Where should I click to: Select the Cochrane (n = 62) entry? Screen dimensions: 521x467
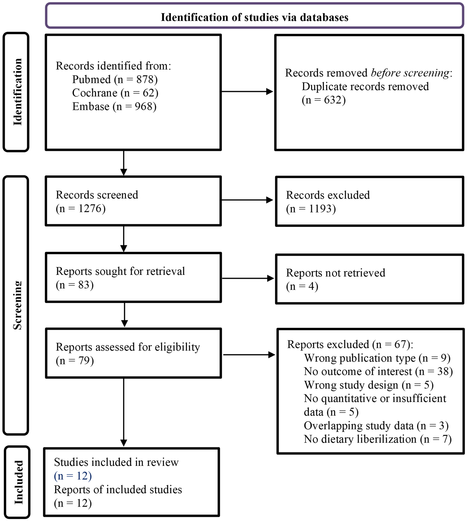pos(115,93)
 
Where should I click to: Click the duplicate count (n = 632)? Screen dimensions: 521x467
pos(324,100)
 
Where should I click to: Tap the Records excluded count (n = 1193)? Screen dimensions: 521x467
pos(311,209)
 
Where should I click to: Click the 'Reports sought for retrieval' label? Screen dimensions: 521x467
pos(120,271)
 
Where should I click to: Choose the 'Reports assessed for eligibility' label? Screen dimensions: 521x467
pos(128,347)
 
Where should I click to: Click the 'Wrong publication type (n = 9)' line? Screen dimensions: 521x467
pos(377,358)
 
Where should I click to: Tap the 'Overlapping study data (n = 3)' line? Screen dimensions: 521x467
pos(376,425)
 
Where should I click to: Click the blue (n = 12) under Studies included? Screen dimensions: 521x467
pos(73,476)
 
